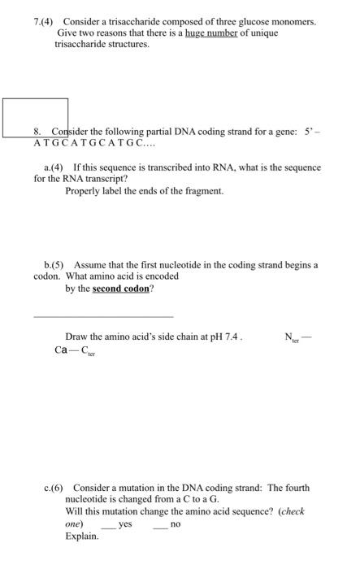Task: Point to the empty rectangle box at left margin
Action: (x=35, y=117)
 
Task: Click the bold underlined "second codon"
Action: (x=120, y=288)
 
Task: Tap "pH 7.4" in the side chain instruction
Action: (x=227, y=337)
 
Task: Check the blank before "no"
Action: (x=159, y=525)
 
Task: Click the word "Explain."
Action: (x=82, y=536)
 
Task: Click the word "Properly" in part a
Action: (x=83, y=190)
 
